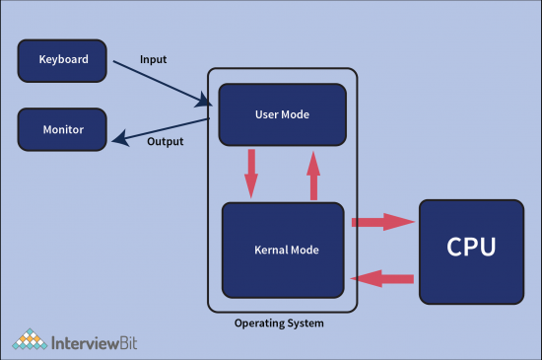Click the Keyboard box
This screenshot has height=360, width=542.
62,60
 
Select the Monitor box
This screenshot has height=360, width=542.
62,129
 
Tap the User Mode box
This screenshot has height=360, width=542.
282,115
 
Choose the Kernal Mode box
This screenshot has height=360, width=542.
283,250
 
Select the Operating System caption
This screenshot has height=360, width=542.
279,323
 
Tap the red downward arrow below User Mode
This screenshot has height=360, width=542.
251,173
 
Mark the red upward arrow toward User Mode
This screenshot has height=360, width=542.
313,176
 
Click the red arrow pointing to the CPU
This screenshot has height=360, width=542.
381,222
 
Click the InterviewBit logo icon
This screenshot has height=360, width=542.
30,339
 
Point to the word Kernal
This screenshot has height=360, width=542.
264,250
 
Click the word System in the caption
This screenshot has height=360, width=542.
306,323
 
